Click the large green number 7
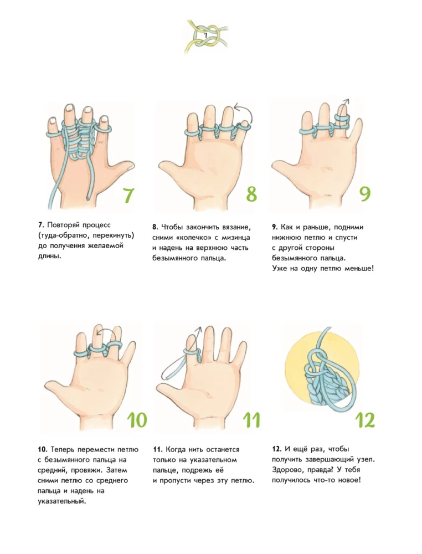(128, 195)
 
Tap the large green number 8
(251, 194)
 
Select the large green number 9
(365, 193)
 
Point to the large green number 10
(137, 420)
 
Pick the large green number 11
(251, 420)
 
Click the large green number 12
(364, 420)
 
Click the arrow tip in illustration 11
(199, 328)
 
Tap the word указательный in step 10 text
(62, 501)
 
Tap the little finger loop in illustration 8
(244, 126)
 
